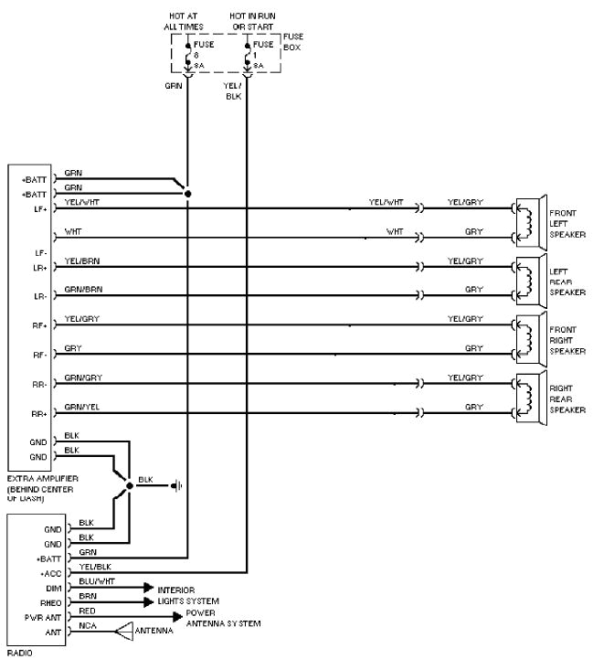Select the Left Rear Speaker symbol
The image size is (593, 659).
529,280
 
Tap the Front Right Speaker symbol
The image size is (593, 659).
529,338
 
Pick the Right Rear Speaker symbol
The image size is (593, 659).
529,397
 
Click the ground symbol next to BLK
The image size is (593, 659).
177,485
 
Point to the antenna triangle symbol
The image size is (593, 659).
122,631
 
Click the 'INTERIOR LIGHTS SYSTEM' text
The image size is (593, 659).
188,596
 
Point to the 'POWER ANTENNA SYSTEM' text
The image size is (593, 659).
223,618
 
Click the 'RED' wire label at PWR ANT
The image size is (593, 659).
87,610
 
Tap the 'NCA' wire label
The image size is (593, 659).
87,625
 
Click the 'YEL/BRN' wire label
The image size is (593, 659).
82,261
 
